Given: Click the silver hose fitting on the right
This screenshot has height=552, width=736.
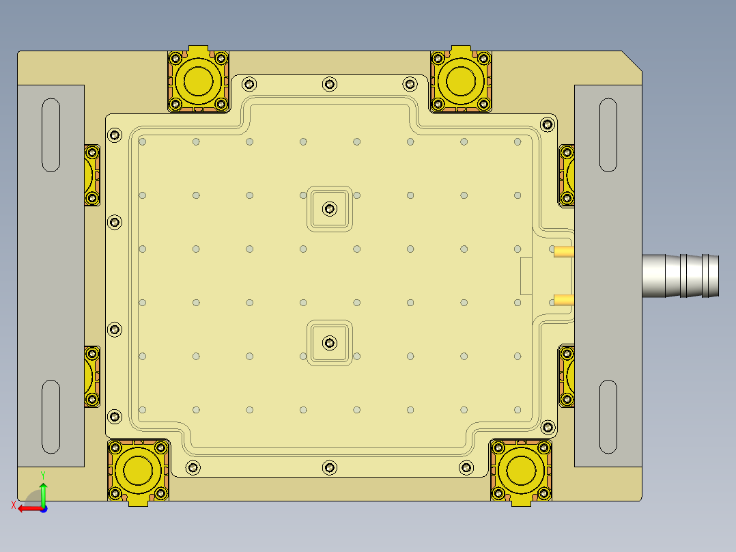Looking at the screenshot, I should [680, 275].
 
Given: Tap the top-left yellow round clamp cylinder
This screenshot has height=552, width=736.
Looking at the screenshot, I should [197, 81].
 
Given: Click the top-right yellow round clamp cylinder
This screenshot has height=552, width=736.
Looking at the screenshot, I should [461, 81].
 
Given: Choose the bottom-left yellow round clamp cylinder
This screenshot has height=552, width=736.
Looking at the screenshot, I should [139, 471].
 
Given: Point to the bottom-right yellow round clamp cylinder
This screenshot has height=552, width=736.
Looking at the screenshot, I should [521, 471].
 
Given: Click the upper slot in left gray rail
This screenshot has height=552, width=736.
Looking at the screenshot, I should [51, 135].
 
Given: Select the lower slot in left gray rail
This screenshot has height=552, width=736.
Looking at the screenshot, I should [51, 417].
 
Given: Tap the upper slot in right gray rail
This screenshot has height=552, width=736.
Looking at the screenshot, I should [608, 135].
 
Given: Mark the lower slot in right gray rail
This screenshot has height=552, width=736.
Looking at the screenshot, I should [608, 417].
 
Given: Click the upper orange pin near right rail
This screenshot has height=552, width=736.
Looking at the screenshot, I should [563, 252].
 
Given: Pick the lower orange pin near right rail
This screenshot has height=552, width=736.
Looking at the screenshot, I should [563, 299].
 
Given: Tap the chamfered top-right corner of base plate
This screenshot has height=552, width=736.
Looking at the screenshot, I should [632, 60].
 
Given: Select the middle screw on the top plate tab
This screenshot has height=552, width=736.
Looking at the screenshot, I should [330, 84].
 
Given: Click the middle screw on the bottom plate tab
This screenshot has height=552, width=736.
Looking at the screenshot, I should [330, 467].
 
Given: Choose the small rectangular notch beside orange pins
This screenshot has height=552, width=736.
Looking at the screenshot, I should [526, 276].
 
